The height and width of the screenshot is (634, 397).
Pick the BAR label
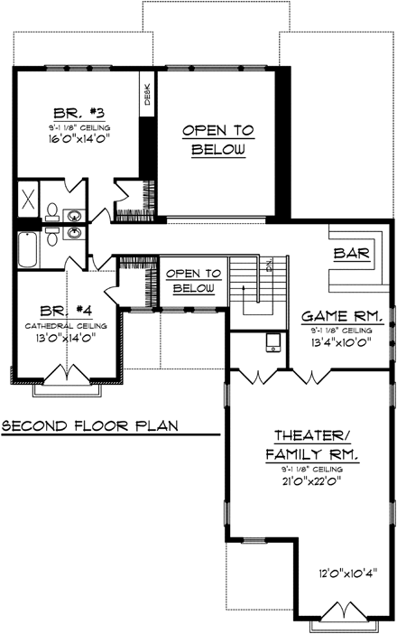(352, 254)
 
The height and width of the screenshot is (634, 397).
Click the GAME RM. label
(343, 317)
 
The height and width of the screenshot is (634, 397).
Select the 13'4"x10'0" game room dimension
(342, 342)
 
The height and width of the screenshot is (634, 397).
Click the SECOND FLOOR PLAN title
(89, 424)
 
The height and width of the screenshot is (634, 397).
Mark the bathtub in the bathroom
(27, 248)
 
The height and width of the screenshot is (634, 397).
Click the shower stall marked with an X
(27, 200)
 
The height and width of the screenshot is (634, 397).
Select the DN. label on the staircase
(269, 264)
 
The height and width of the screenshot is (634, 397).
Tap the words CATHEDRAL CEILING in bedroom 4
(66, 325)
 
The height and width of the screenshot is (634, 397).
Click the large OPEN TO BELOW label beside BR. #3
(217, 141)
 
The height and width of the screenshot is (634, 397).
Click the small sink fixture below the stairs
(272, 344)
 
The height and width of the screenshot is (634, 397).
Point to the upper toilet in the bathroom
(53, 213)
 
